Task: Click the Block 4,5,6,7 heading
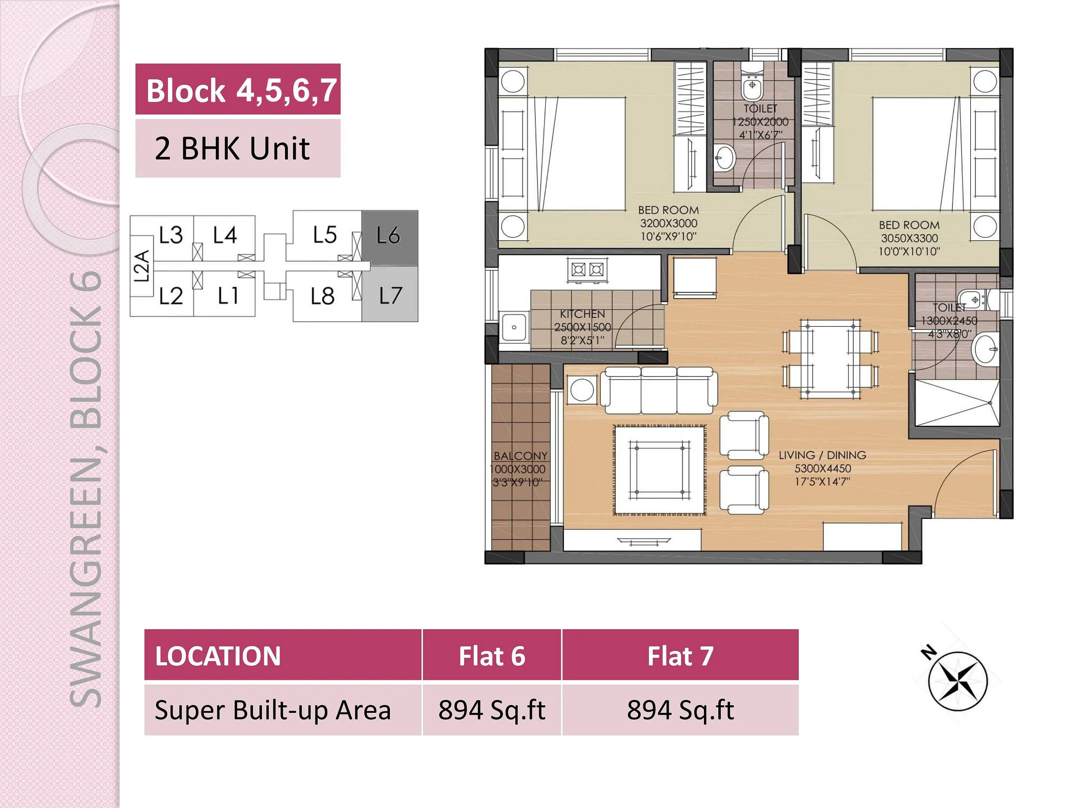click(241, 90)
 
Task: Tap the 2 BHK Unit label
click(232, 149)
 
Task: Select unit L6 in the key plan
click(389, 236)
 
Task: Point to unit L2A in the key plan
click(141, 266)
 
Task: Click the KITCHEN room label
click(582, 314)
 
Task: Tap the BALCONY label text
click(520, 456)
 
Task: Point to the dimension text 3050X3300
click(909, 239)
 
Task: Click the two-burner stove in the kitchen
click(587, 269)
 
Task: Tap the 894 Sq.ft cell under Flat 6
click(491, 710)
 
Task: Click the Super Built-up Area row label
click(273, 710)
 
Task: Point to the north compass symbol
click(957, 681)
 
